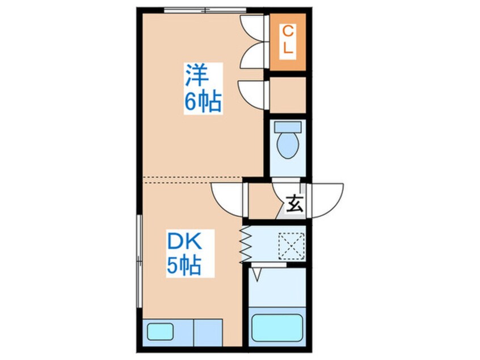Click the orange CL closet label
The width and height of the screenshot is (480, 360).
(288, 40)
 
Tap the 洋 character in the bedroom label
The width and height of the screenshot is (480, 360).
(197, 76)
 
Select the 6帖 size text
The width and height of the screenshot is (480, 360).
(203, 102)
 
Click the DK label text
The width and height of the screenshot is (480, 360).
(184, 241)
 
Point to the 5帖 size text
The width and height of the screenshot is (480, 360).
(184, 265)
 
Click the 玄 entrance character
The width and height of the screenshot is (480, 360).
(294, 203)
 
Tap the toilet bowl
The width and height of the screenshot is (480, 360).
(288, 145)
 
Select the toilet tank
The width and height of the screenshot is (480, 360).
(288, 127)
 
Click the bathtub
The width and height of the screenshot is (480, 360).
(277, 328)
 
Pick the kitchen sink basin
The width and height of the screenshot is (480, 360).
(161, 332)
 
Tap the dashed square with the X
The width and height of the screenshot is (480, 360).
(291, 246)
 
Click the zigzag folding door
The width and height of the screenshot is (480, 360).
(246, 244)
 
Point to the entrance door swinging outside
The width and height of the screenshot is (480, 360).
(326, 200)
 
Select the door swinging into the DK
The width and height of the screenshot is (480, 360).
(228, 199)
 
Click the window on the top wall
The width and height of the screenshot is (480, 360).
(205, 10)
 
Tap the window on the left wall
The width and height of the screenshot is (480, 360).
(140, 261)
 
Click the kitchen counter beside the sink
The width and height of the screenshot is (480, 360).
(208, 332)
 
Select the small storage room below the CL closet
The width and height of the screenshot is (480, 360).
(288, 95)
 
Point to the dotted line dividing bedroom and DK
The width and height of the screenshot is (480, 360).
(193, 180)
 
